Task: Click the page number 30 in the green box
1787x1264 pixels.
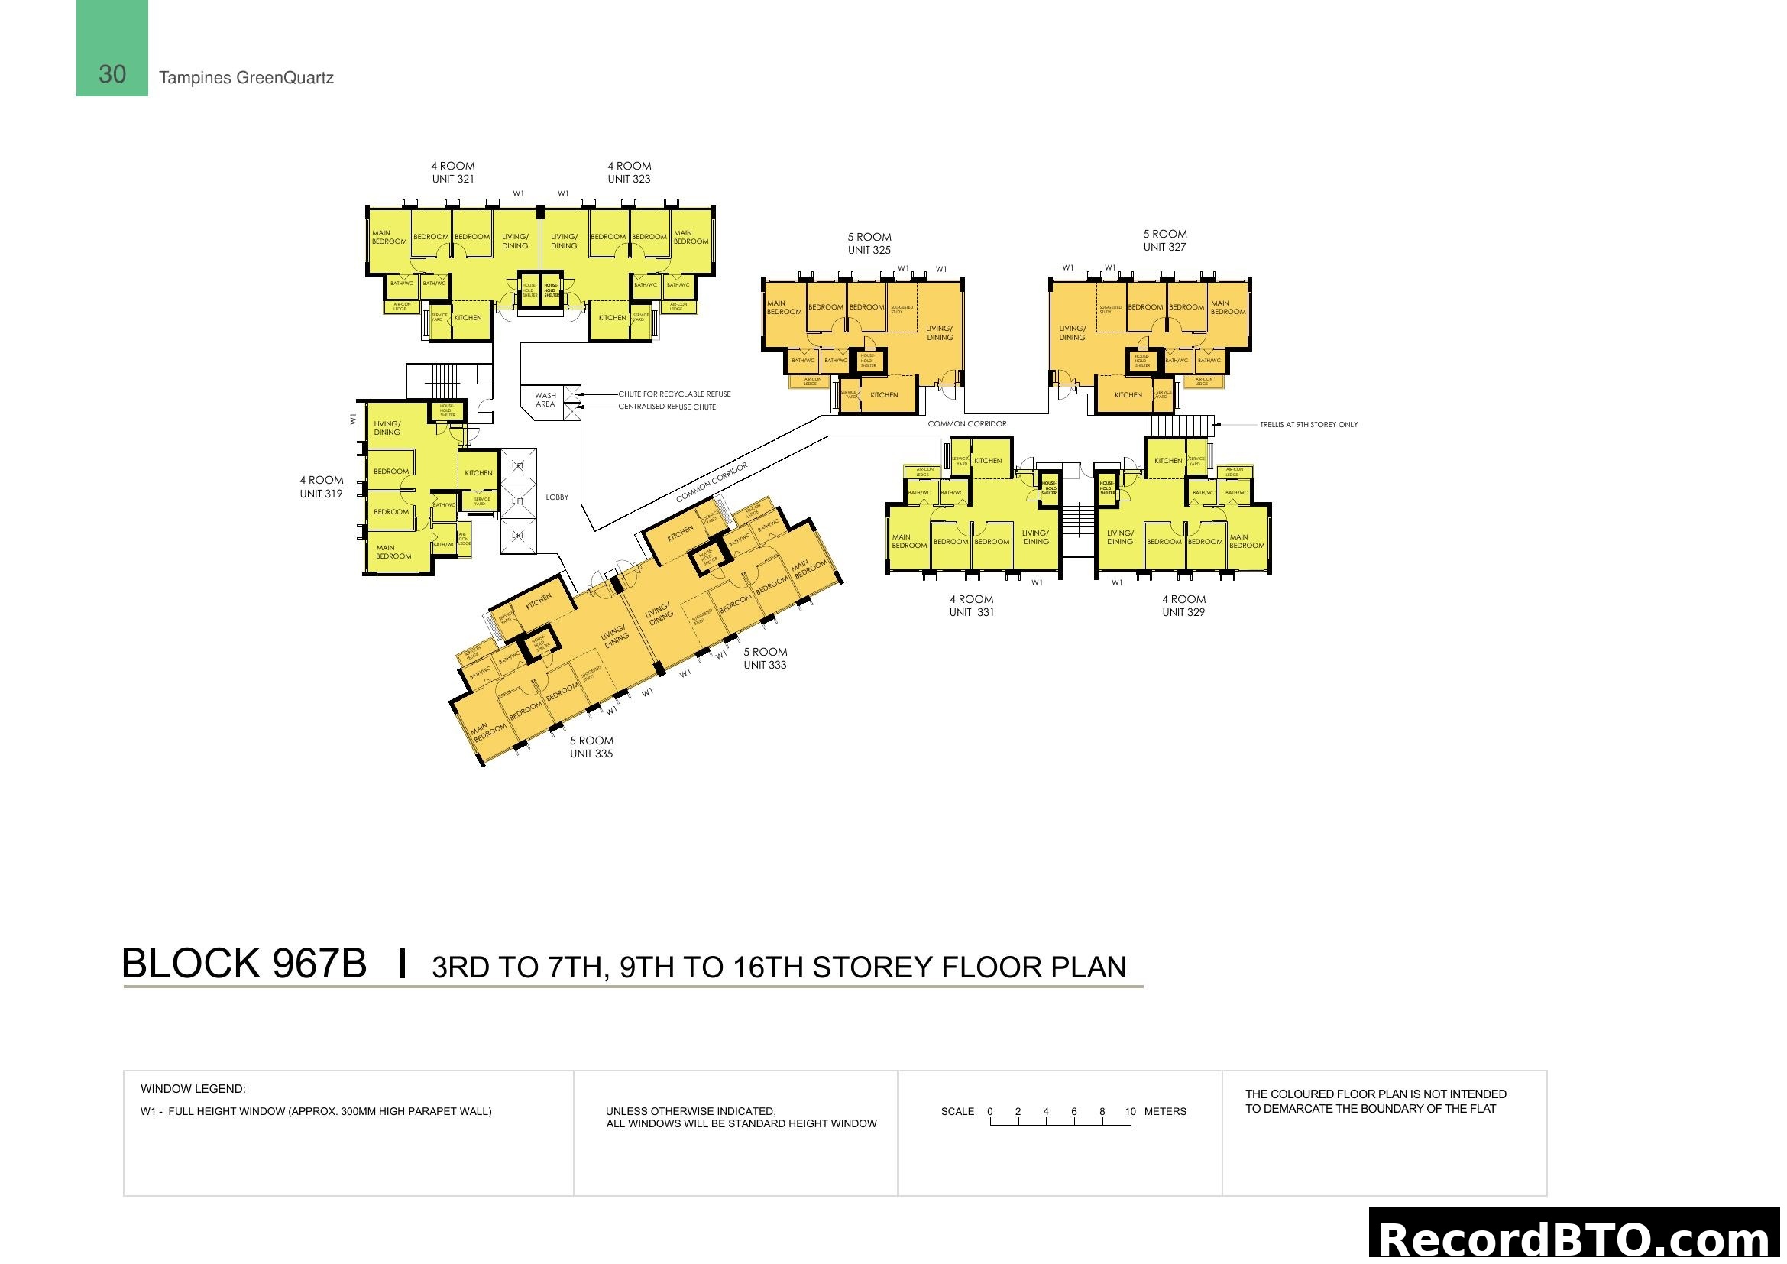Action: click(x=112, y=75)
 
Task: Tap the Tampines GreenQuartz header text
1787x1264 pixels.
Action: click(x=246, y=78)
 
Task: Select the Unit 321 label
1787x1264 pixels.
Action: click(x=453, y=179)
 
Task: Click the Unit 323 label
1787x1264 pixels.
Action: click(x=629, y=179)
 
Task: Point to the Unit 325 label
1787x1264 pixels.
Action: click(x=869, y=250)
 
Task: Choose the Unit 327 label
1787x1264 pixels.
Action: click(x=1164, y=247)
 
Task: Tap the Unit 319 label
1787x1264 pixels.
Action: click(x=322, y=494)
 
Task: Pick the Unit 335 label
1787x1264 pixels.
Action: click(x=591, y=754)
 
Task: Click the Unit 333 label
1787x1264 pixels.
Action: click(x=765, y=665)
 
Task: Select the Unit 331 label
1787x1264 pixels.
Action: click(x=971, y=612)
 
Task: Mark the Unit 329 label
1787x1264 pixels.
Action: click(x=1183, y=612)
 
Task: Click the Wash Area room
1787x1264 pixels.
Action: click(x=545, y=399)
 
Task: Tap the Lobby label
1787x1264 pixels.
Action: click(x=557, y=497)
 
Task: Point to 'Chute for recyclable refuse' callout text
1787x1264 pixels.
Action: click(x=674, y=394)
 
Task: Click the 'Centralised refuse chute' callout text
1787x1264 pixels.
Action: click(x=667, y=407)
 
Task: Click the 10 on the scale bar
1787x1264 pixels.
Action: click(x=1130, y=1111)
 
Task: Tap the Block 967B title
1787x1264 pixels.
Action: click(x=244, y=964)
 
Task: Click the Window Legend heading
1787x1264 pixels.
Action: click(x=193, y=1088)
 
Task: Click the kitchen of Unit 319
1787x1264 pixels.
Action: click(x=479, y=472)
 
